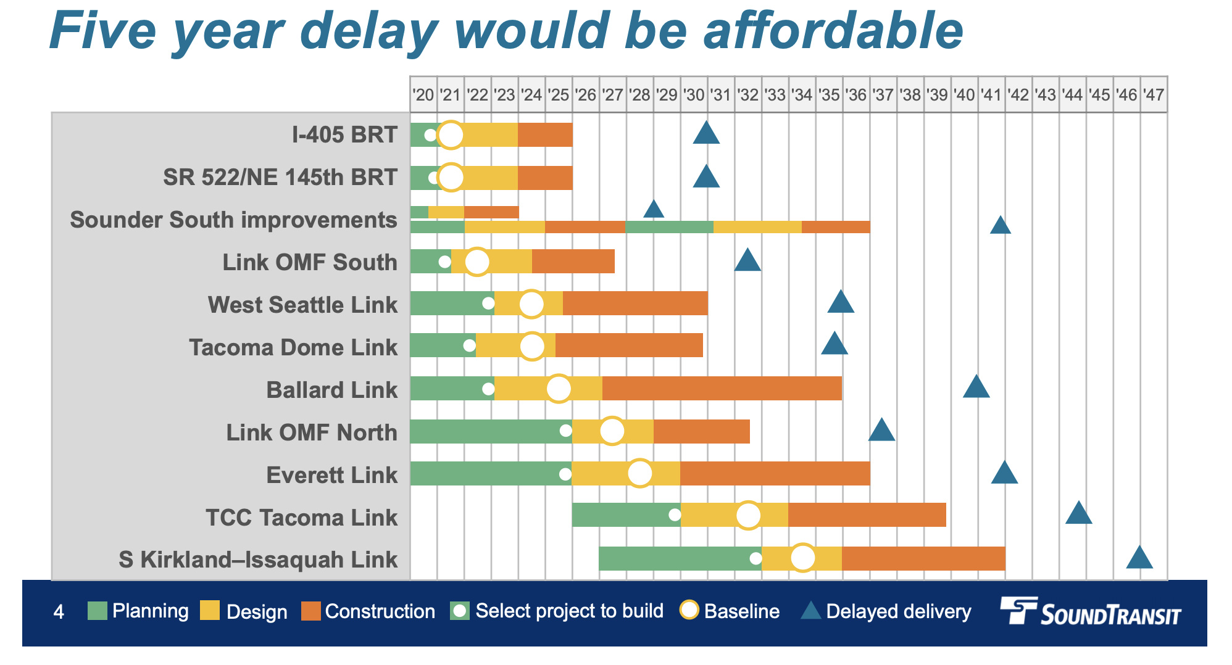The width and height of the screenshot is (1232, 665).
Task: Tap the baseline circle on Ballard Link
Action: [559, 389]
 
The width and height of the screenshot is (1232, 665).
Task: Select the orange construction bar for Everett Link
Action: [775, 473]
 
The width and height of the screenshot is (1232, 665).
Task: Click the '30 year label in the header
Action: [694, 95]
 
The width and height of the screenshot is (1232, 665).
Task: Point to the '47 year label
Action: [1153, 95]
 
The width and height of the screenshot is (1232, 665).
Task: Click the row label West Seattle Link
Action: [302, 305]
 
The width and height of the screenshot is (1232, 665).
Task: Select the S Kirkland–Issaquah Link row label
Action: [258, 560]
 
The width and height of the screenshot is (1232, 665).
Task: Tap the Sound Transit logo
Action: [1090, 611]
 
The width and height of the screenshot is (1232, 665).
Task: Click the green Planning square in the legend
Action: [98, 611]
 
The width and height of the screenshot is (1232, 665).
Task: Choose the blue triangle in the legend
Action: [810, 611]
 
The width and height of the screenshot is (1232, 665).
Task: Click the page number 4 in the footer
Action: [59, 612]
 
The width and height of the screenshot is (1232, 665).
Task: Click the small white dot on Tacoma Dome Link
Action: [469, 345]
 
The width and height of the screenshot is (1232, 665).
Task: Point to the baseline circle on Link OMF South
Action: [477, 262]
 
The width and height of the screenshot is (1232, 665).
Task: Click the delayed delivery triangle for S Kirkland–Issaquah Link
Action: [1139, 558]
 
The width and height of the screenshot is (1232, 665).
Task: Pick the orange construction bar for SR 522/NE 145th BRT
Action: [545, 178]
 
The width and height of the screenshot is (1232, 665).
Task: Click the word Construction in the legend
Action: [380, 612]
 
